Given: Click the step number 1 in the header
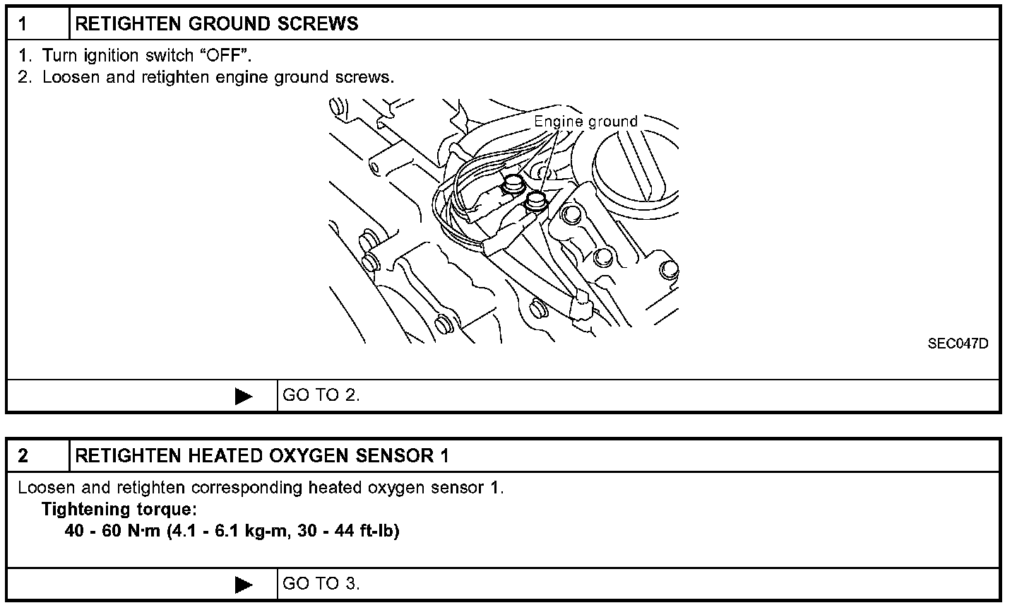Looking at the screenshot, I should [23, 24].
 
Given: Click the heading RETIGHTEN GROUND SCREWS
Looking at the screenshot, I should [216, 24].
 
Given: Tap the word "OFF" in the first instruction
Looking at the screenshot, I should [225, 56].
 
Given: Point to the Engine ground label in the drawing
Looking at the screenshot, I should [585, 122].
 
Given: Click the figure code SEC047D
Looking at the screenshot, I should [958, 344].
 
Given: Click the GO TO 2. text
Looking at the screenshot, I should [321, 395].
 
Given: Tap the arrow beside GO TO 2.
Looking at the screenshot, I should [244, 396].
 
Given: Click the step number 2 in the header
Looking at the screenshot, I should [23, 456].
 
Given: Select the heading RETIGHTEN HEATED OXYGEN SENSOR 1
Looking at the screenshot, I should [261, 456].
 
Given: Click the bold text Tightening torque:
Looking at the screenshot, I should [119, 509].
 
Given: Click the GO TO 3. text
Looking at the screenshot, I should [321, 584].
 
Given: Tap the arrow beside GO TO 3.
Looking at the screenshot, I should [244, 585].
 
